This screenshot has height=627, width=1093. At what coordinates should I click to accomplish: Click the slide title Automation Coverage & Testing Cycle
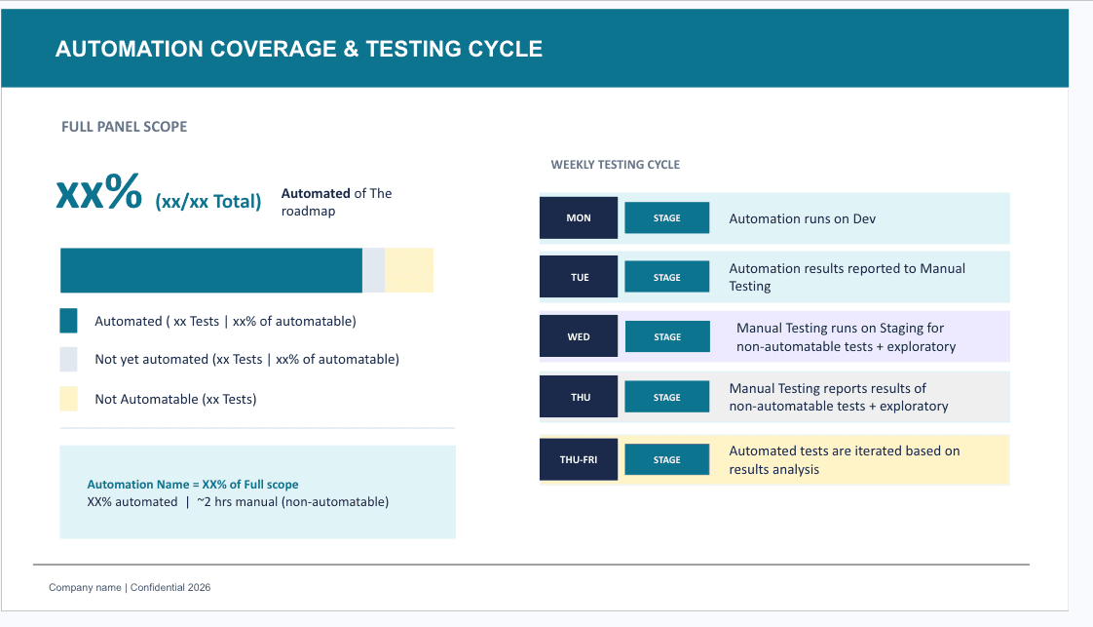pyautogui.click(x=299, y=49)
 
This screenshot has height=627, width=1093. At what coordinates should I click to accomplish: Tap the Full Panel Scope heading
pyautogui.click(x=124, y=127)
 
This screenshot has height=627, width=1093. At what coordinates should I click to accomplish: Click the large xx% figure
pyautogui.click(x=99, y=192)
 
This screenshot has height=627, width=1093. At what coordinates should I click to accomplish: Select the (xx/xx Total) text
pyautogui.click(x=207, y=202)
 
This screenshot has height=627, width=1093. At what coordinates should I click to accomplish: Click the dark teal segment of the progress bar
pyautogui.click(x=210, y=270)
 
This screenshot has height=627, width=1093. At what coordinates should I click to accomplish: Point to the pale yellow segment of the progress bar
pyautogui.click(x=409, y=270)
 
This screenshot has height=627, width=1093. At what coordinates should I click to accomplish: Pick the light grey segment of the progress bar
pyautogui.click(x=374, y=270)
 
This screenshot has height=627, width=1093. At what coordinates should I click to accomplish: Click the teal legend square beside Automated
pyautogui.click(x=68, y=321)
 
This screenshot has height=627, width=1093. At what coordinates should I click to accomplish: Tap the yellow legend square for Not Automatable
pyautogui.click(x=68, y=399)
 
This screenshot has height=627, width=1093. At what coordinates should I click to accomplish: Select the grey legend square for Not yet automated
pyautogui.click(x=68, y=359)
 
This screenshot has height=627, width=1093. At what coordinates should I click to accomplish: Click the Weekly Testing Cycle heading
pyautogui.click(x=615, y=165)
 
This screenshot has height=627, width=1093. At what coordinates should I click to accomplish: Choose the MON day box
pyautogui.click(x=579, y=217)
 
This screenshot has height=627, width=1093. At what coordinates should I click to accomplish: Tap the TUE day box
pyautogui.click(x=579, y=277)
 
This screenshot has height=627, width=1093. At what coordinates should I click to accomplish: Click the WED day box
pyautogui.click(x=579, y=336)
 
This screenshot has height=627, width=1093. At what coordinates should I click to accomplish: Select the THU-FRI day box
pyautogui.click(x=579, y=459)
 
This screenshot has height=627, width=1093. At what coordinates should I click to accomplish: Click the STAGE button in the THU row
pyautogui.click(x=666, y=397)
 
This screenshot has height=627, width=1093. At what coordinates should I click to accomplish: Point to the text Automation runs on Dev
pyautogui.click(x=802, y=218)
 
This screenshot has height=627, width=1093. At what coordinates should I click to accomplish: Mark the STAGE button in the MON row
pyautogui.click(x=666, y=217)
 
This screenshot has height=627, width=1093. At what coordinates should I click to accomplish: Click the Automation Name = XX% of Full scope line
pyautogui.click(x=193, y=485)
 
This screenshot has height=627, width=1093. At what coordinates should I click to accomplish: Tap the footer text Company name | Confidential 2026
pyautogui.click(x=130, y=588)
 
